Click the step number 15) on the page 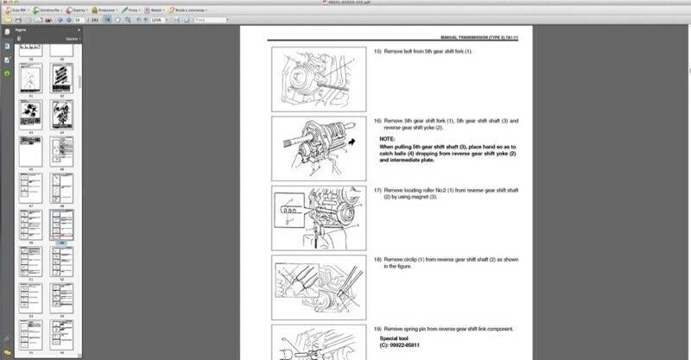point(377,52)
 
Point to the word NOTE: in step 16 point(387,139)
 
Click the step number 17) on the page point(377,190)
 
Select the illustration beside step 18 point(317,283)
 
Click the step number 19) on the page point(377,330)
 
